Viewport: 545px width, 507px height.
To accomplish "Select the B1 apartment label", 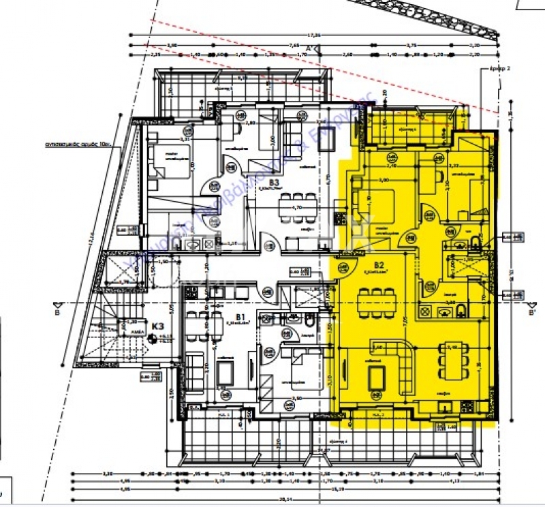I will coord(240,317).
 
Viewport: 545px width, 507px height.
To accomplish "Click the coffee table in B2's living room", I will coord(376,376).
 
